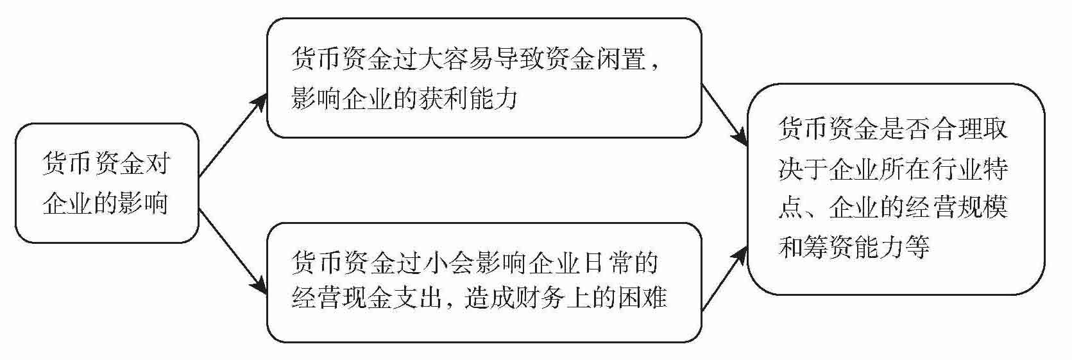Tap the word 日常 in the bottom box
[x=600, y=262]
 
